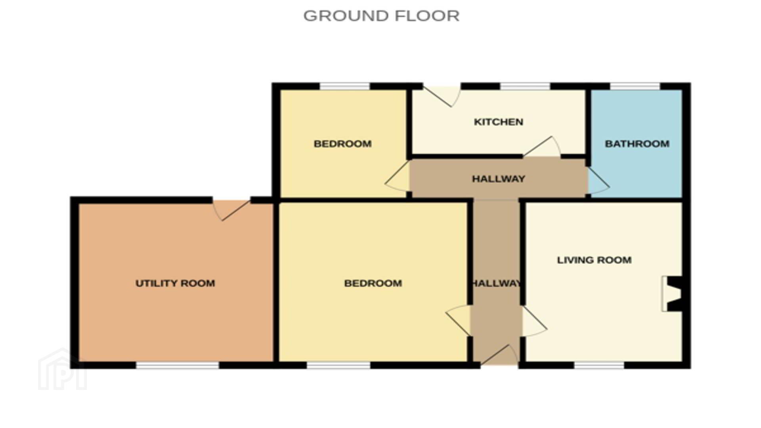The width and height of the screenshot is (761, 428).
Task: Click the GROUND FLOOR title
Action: point(381,16)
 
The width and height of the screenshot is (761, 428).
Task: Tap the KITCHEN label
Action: point(499,122)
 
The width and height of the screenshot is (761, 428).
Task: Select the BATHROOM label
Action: point(637,143)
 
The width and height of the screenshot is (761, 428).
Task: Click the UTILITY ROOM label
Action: point(175,283)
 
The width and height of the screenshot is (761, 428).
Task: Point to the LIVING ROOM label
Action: point(594,260)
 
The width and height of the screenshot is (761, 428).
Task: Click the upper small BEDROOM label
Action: point(342,143)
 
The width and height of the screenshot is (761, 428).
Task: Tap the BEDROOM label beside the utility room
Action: point(373,283)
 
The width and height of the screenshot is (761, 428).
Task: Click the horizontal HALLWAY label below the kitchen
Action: point(499,179)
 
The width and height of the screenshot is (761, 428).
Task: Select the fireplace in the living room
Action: point(672,294)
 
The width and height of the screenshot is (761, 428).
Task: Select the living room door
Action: point(534,321)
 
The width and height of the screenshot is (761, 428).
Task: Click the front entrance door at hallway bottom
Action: point(499,355)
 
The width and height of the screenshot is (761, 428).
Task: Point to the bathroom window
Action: point(635,86)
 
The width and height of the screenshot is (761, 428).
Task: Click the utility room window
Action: point(178,365)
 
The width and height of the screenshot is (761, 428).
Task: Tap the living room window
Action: point(599,365)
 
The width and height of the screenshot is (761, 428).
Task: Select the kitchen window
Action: point(525,86)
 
